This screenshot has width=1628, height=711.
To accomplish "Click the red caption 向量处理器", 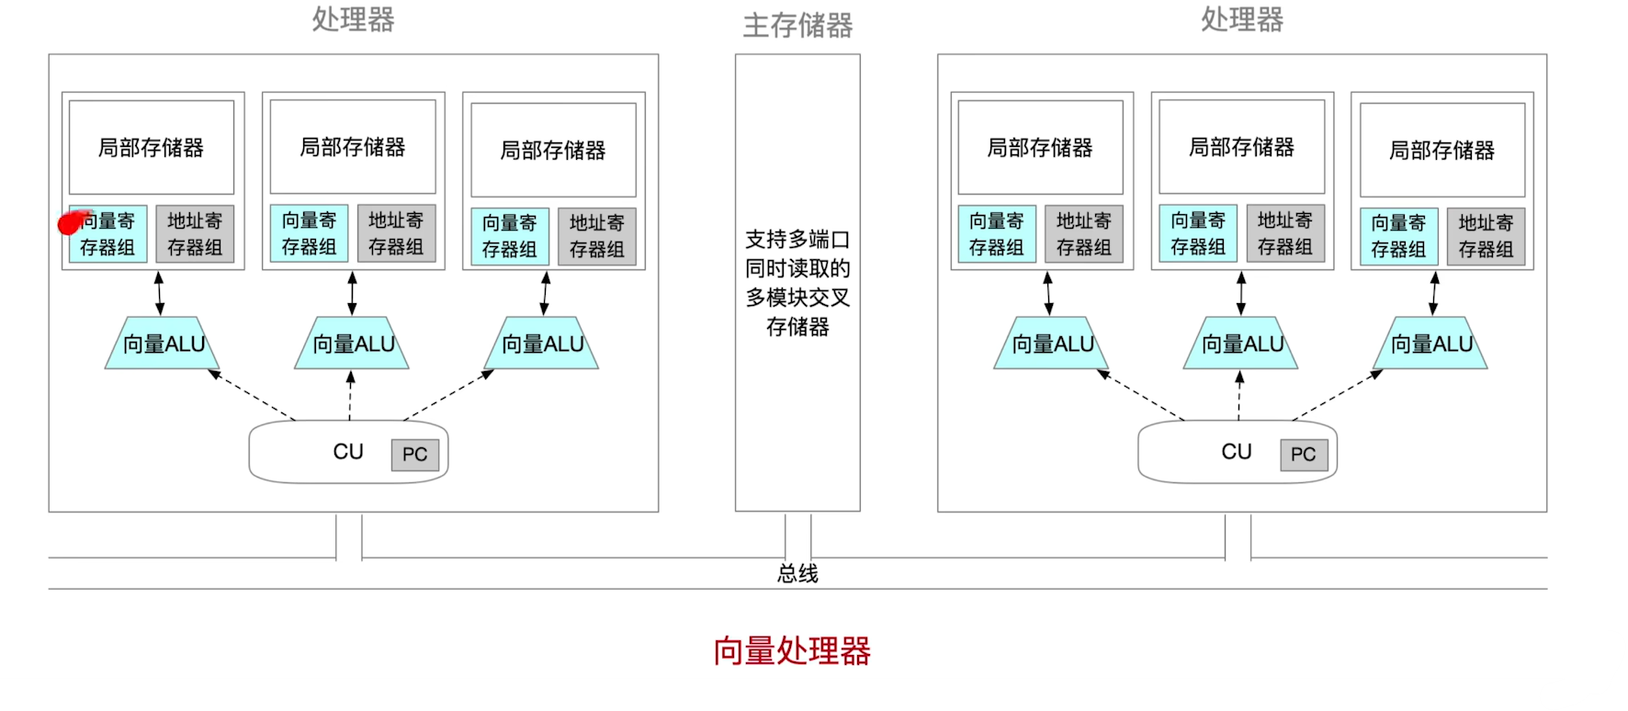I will point(792,650).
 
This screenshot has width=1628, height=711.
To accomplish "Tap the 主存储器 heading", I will point(797,25).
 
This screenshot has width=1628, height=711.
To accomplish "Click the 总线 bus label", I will point(797,574).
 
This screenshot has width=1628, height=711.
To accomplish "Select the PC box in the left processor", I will point(414,454).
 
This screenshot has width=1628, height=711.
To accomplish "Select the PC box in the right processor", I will point(1303,454).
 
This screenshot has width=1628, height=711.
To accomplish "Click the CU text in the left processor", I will point(348,452).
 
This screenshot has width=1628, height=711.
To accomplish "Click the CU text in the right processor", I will point(1237,452).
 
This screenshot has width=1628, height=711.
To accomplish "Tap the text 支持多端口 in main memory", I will point(797,240).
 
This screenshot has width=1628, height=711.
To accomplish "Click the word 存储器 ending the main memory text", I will point(797,327).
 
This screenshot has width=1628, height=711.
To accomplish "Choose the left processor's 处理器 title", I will point(354,19).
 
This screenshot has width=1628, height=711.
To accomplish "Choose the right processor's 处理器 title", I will point(1242,19).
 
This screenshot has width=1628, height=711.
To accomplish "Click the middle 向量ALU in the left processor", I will point(353,344).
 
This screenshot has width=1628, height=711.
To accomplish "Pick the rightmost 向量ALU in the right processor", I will point(1430,344).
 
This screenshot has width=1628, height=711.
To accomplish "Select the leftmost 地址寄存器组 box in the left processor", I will point(195,234).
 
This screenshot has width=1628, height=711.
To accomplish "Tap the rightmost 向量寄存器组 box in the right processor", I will point(1398,236).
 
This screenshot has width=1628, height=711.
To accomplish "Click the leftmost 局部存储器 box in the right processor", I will point(1040,147).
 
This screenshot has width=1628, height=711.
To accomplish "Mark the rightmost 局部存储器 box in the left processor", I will point(553,150).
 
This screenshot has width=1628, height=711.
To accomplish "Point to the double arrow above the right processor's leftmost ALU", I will point(1048,293).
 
